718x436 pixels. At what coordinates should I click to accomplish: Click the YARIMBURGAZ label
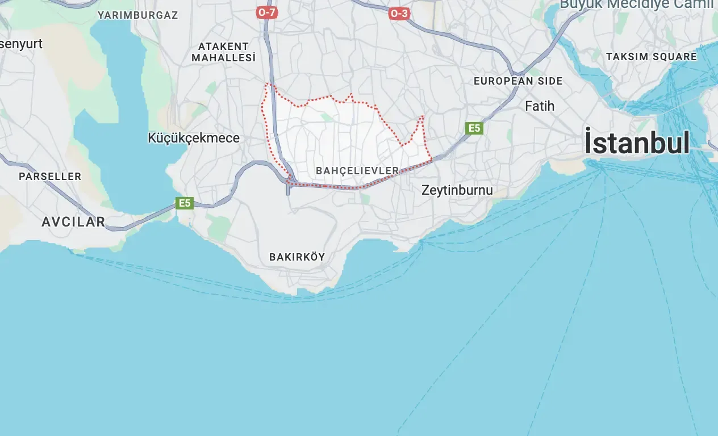pos(137,15)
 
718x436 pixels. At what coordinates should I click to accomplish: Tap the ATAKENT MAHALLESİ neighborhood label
pos(223,52)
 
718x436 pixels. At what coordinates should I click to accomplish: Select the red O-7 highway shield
pos(266,12)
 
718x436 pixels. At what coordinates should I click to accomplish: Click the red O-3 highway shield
pos(399,14)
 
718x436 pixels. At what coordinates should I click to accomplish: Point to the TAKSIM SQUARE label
pos(651,57)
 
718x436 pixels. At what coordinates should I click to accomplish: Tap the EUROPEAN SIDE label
pos(518,81)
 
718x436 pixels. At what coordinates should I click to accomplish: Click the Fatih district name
pos(540,106)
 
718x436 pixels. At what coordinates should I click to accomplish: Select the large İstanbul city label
pos(637,142)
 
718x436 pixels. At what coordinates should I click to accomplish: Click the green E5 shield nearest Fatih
pos(474,128)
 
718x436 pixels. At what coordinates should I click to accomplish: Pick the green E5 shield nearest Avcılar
pos(185,203)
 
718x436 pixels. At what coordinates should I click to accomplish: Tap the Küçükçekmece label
pos(194,138)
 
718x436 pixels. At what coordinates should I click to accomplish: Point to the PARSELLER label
pos(50,177)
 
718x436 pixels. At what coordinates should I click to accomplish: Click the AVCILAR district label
pos(73,222)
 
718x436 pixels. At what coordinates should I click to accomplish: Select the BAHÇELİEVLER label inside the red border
pos(357,171)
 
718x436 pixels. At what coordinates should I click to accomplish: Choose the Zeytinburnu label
pos(457,190)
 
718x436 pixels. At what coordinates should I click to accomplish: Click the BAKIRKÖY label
pos(297,257)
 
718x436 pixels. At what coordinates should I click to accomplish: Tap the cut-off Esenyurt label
pos(21,44)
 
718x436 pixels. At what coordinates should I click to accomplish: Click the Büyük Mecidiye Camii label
pos(636,5)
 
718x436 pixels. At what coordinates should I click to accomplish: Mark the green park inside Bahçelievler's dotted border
pos(326,117)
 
